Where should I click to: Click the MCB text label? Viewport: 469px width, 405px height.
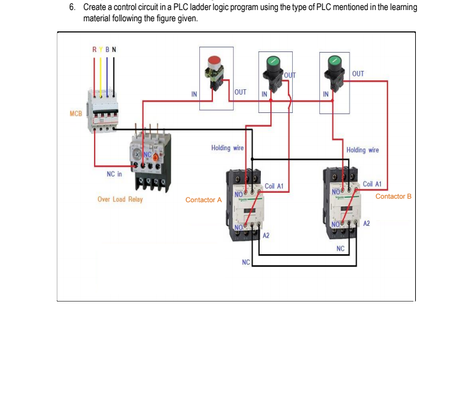(75, 113)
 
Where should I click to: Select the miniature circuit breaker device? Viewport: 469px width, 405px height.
(103, 111)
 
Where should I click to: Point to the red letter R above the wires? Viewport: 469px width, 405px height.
(93, 49)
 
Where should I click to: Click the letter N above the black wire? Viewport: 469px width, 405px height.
(114, 49)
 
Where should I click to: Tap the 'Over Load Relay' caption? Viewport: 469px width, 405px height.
(120, 199)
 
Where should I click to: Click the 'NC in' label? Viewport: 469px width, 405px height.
(114, 174)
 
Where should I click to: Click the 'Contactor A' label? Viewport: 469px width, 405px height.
(203, 200)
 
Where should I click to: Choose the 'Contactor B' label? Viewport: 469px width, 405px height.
(393, 196)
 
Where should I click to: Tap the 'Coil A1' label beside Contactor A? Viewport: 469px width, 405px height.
(274, 186)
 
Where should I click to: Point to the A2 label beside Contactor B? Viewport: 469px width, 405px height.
(367, 223)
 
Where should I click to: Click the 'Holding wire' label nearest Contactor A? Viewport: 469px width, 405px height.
(227, 148)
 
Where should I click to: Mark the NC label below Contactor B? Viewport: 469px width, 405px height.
(340, 249)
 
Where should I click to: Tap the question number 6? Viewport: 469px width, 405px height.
(72, 7)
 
